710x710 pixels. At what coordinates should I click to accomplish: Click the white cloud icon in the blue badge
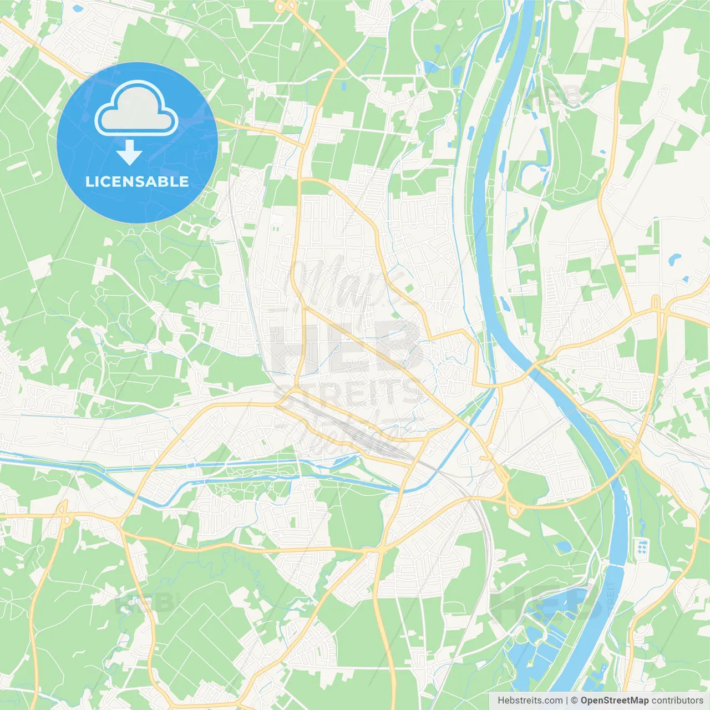tap(136, 109)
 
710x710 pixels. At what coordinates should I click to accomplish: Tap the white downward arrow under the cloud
tap(129, 153)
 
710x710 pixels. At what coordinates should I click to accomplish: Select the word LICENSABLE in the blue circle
tap(137, 181)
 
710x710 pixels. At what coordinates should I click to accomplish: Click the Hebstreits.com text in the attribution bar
tap(530, 701)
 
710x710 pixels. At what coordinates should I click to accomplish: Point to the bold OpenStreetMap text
tap(614, 701)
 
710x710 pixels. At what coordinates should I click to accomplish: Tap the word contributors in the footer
tap(677, 701)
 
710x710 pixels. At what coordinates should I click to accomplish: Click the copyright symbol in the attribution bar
tap(574, 701)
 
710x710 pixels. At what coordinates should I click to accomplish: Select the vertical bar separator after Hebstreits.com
tap(567, 701)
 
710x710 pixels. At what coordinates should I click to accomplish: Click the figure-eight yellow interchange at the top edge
tap(286, 7)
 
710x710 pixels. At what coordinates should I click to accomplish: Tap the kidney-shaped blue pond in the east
tap(674, 259)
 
